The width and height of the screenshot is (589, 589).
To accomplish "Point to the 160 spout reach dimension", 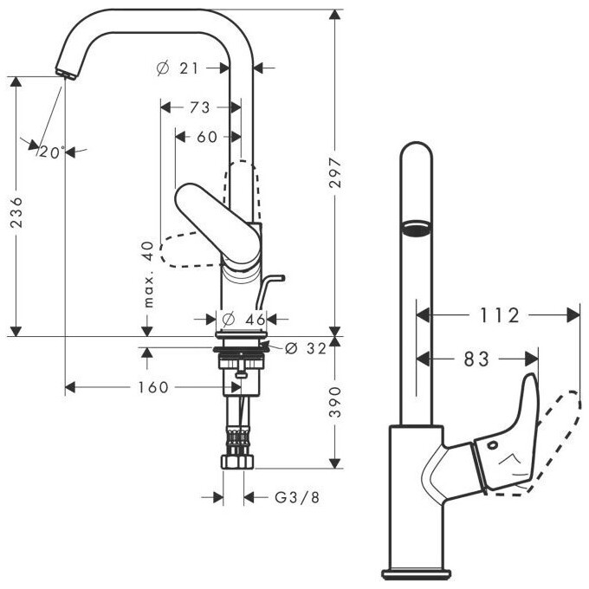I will [152, 387].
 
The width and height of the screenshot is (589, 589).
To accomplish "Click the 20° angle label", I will [52, 152].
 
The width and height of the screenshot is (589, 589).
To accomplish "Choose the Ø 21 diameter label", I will [184, 68].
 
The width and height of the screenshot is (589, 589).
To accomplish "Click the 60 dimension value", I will [207, 136].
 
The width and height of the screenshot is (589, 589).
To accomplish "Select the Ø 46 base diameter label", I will [244, 319].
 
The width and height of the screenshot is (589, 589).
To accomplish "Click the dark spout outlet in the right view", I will [414, 227].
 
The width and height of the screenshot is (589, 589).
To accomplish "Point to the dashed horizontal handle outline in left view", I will [186, 253].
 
